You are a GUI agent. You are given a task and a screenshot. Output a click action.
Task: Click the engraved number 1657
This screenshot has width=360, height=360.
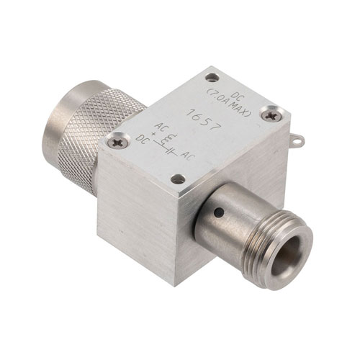pos(203,120)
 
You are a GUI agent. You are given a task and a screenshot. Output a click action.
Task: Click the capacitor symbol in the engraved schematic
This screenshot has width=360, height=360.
pos(171,151)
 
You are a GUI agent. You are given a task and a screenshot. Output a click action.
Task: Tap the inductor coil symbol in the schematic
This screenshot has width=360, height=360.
pos(171,139)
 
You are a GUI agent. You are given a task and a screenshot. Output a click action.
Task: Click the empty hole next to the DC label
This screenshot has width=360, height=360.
pos(212,78)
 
